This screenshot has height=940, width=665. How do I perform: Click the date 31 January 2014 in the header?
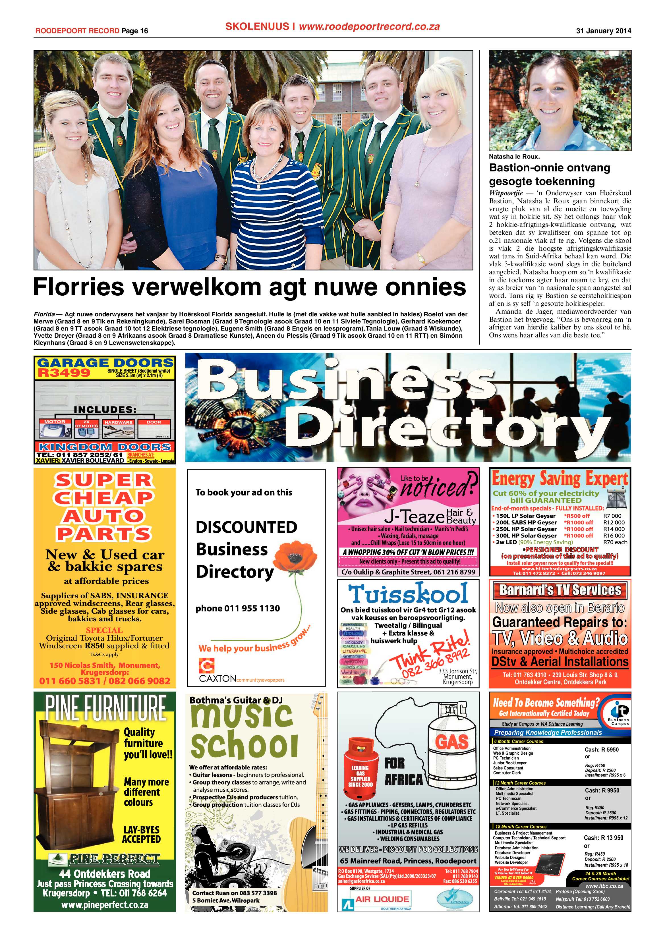click(603, 31)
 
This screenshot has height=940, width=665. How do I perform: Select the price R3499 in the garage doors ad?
click(64, 373)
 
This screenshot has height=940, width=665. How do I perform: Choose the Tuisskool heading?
click(408, 594)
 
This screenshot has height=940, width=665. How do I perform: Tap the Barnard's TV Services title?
click(560, 590)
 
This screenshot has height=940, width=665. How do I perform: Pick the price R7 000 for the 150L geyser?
click(612, 516)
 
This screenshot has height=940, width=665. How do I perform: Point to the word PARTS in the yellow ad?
click(104, 534)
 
